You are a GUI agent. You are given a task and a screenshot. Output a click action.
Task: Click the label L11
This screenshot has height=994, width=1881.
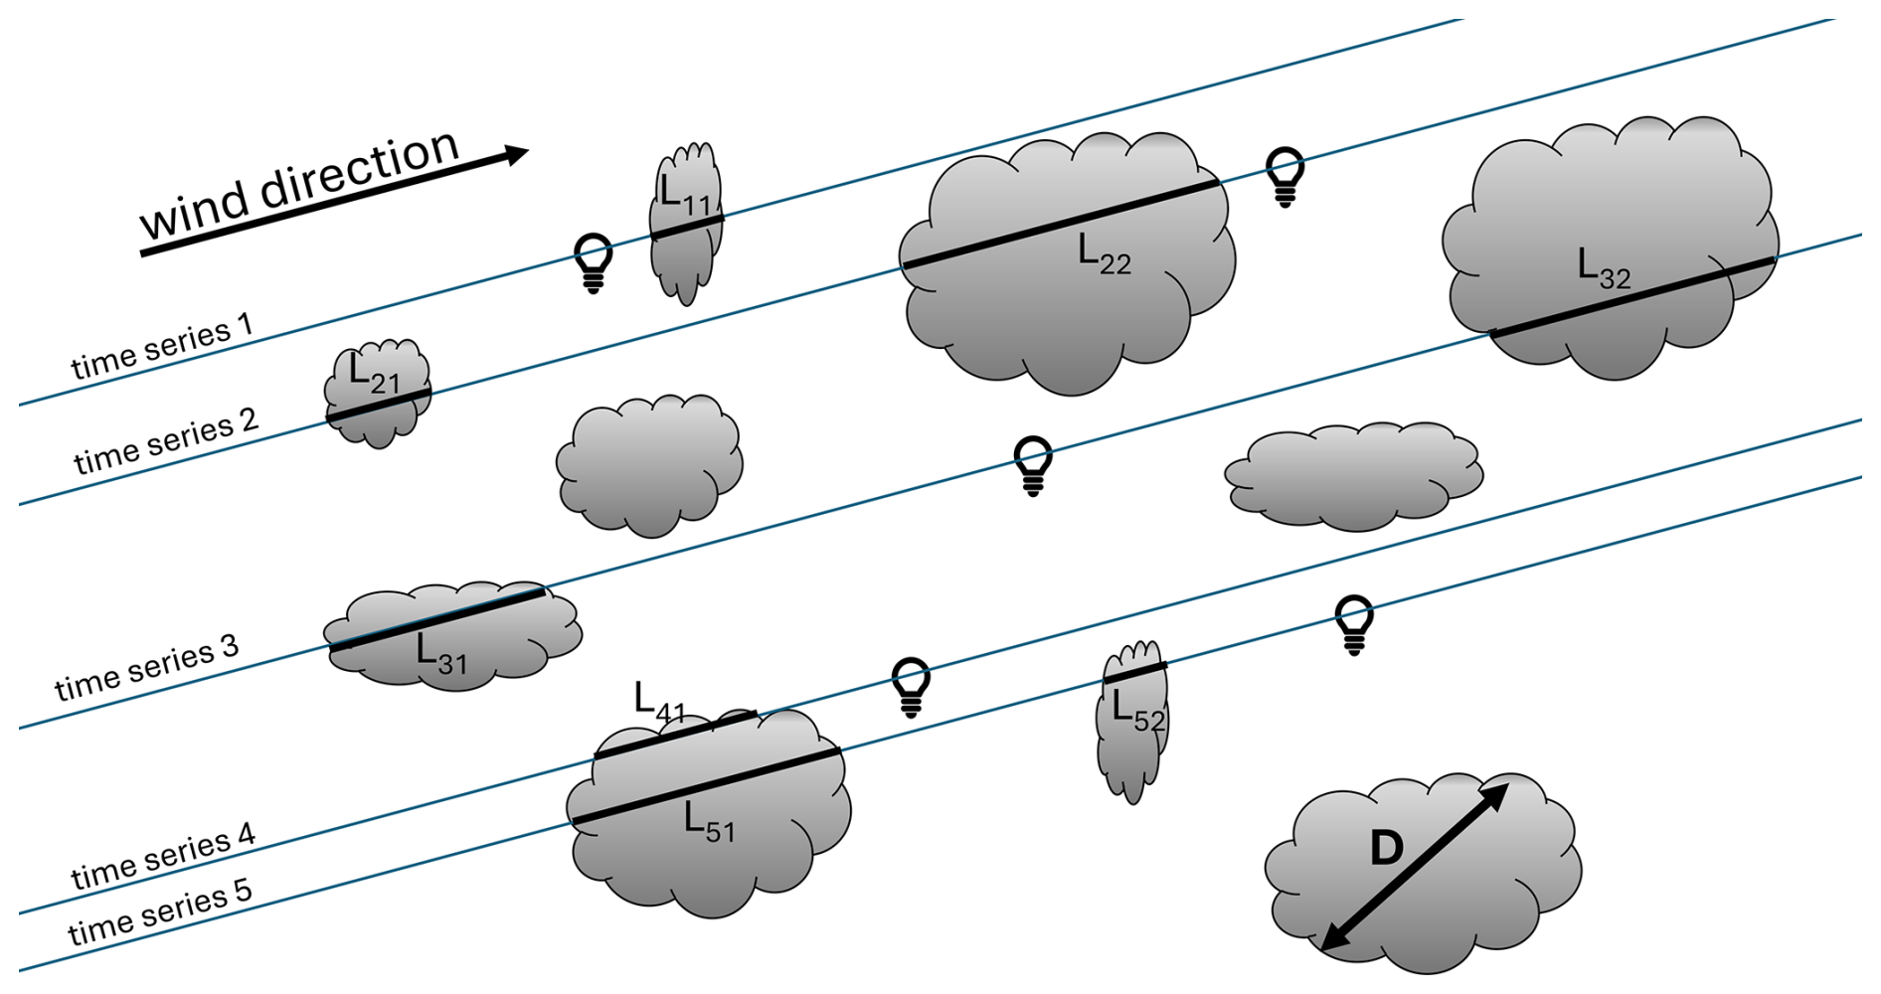pos(684,195)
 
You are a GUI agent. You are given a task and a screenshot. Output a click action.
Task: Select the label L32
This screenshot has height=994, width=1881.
pos(1604,268)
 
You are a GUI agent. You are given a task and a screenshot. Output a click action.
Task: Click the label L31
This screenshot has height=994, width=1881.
pos(440,655)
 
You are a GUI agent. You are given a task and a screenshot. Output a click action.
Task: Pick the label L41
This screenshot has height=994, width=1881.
pos(659,702)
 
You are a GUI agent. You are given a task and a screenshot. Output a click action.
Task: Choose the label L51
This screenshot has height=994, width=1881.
pos(709,823)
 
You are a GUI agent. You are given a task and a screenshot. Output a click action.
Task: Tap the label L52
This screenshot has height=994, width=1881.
pos(1137,712)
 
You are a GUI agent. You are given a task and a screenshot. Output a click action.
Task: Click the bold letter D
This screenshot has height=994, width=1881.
pos(1386,848)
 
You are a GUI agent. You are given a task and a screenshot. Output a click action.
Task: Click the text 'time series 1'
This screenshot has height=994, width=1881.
pos(162,347)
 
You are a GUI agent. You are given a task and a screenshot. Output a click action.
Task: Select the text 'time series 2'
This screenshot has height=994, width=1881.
pos(165,440)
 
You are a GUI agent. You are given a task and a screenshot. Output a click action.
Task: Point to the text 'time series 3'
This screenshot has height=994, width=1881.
pos(146,667)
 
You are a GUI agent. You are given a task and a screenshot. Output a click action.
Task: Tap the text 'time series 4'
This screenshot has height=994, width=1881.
pos(163,857)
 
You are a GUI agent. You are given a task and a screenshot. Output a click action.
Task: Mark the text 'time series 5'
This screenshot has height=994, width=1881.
pos(159,912)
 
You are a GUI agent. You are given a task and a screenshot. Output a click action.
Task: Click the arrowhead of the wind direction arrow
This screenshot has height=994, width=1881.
pos(515,154)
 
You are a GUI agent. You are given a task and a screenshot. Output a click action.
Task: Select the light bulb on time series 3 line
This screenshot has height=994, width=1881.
pos(1033,464)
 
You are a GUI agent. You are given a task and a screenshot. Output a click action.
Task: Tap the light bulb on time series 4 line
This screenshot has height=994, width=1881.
pos(911,686)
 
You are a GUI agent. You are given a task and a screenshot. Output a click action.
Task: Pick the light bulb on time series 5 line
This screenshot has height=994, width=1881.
pos(1354,624)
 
